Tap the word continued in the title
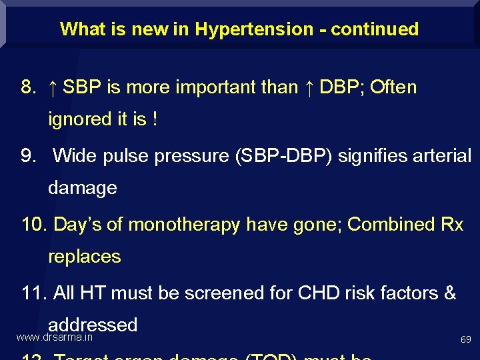(x=375, y=29)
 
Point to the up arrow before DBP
(x=309, y=87)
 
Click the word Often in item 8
(x=393, y=87)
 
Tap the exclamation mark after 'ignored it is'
(x=155, y=119)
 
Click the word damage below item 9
(x=83, y=188)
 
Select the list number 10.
(x=33, y=225)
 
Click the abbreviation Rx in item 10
(x=452, y=225)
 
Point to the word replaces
(x=85, y=257)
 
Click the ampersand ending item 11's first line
(x=450, y=293)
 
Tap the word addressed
(x=93, y=325)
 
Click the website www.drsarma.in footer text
(x=54, y=337)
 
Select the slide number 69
(x=466, y=340)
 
